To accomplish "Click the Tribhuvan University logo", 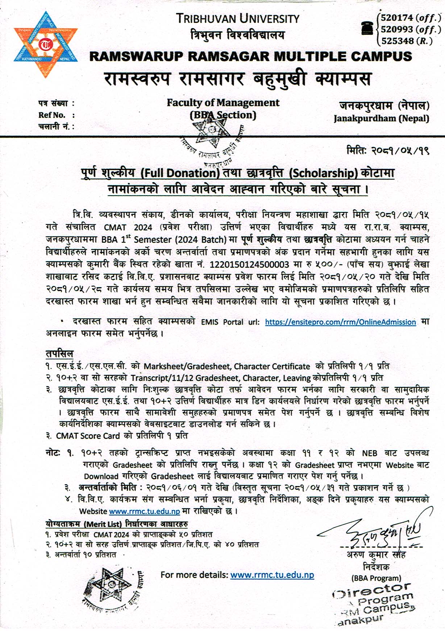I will pos(46,45).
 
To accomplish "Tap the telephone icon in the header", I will pos(367,28).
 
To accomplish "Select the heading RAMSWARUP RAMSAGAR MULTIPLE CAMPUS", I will pos(250,57).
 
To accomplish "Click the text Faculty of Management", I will pos(223,103).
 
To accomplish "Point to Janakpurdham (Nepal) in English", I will pos(381,118).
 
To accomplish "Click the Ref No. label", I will pos(52,115).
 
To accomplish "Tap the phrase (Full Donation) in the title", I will pos(180,173).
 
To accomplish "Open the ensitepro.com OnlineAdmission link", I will pos(340,322).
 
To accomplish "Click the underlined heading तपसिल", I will pos(59,354).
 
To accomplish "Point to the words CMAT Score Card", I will pos(88,436).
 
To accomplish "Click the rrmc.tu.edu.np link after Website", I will pos(144,511).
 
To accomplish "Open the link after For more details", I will pos(272,575).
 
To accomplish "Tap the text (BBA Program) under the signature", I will pos(376,578).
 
